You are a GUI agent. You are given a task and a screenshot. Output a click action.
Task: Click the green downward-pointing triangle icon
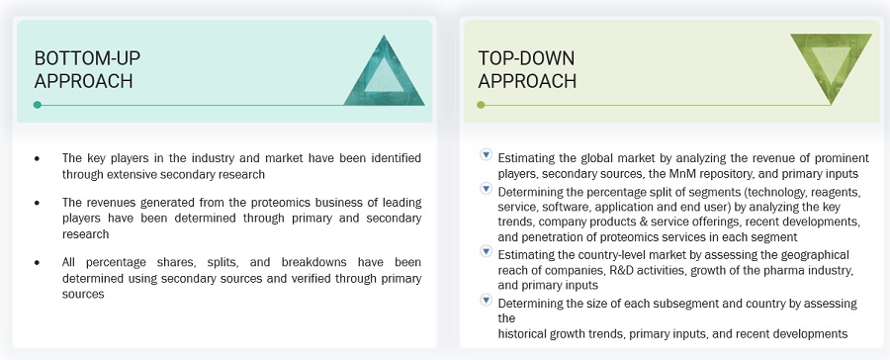click(x=831, y=65)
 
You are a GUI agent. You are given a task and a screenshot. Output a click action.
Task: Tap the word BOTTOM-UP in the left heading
click(x=87, y=58)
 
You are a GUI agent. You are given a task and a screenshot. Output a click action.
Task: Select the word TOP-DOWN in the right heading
click(x=526, y=58)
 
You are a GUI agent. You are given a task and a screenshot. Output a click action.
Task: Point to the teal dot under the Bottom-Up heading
click(x=38, y=105)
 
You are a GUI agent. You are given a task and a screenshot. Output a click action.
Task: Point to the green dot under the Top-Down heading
click(x=481, y=105)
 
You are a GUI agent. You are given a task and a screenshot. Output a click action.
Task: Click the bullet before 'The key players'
click(x=38, y=158)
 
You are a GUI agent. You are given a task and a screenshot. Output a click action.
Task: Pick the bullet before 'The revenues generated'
click(x=38, y=203)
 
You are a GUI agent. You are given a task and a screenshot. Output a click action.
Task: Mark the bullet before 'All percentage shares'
click(x=38, y=263)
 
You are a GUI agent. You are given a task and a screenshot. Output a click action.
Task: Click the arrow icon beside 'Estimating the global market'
click(x=486, y=154)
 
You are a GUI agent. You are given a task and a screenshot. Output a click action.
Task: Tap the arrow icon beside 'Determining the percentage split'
click(x=486, y=188)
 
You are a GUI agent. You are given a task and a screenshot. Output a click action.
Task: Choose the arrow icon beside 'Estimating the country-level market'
click(x=486, y=250)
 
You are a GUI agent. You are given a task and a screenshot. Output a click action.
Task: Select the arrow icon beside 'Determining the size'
click(x=486, y=300)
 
